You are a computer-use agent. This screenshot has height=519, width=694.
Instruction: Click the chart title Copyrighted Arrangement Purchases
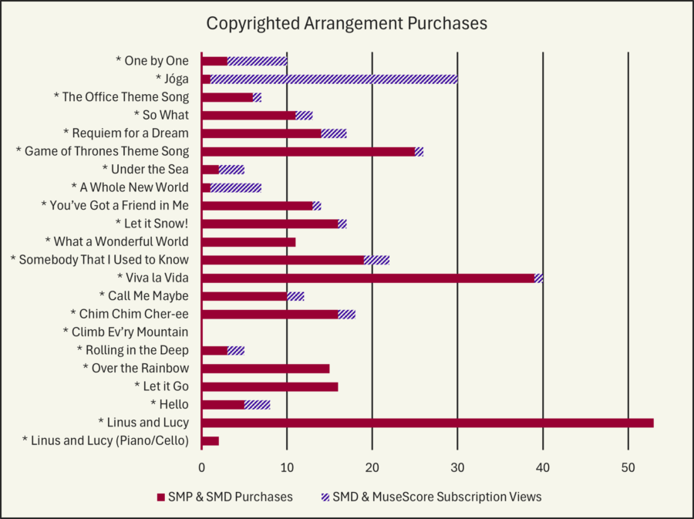pos(346,24)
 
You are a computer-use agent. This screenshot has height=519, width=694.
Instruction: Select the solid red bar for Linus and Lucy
pos(427,423)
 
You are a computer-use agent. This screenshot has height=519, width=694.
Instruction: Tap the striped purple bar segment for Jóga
pos(334,79)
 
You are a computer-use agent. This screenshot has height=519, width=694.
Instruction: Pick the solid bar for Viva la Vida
pos(368,278)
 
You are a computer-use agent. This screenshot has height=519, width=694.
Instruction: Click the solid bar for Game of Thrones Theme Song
pos(308,151)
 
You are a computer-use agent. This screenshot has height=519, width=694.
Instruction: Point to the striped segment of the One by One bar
pos(257,61)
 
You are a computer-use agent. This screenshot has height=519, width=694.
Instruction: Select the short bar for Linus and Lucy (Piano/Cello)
pos(210,440)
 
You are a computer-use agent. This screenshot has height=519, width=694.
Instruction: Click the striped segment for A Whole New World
pos(236,187)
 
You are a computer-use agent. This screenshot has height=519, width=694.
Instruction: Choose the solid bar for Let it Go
pos(269,386)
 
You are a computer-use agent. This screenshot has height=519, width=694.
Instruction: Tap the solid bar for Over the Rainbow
pos(265,369)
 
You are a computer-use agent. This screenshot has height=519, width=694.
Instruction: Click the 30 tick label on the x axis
pos(457,467)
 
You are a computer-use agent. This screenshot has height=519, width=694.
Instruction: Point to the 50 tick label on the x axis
pos(628,467)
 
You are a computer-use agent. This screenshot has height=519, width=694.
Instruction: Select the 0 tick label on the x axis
pos(201,467)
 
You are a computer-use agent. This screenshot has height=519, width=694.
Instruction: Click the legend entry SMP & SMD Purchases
pos(230,497)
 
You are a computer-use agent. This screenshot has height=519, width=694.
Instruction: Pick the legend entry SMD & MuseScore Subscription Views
pos(436,497)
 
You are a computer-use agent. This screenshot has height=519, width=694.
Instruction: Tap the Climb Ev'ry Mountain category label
pos(126,332)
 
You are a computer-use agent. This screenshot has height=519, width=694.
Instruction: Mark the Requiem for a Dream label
pos(126,133)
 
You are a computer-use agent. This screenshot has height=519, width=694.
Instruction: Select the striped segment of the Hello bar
pos(257,404)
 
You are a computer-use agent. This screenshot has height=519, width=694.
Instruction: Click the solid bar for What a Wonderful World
pos(248,242)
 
